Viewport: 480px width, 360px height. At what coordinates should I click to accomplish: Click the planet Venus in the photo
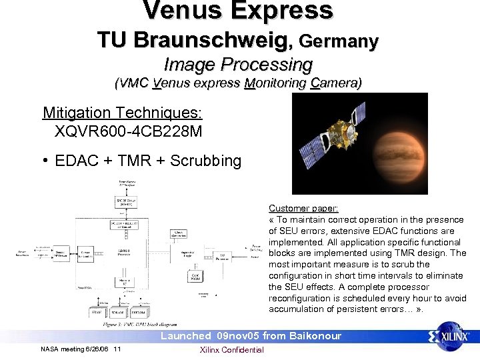click(396, 144)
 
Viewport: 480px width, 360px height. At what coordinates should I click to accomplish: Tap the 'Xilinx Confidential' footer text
click(232, 350)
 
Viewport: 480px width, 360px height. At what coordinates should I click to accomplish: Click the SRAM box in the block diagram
click(98, 311)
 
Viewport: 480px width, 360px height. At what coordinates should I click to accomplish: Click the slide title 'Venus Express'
click(238, 11)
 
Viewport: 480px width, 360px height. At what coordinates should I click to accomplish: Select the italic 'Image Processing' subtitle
click(238, 65)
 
